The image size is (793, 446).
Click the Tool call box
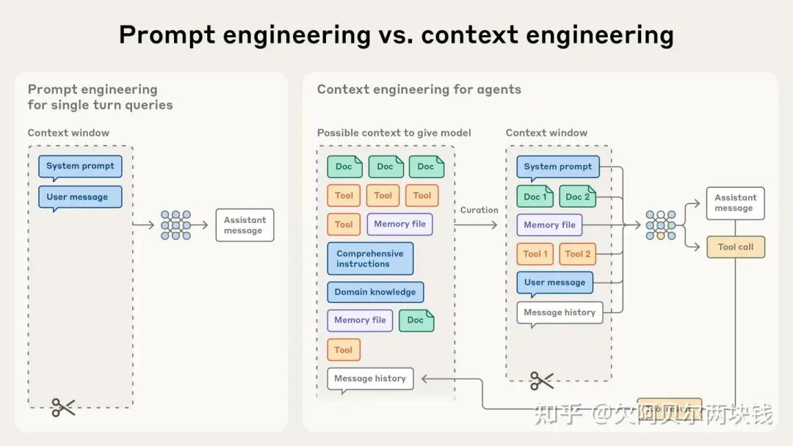[735, 247]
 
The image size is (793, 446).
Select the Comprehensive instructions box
[370, 259]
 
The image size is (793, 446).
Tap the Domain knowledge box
[375, 292]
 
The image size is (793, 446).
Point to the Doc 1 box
[535, 197]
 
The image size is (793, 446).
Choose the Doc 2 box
[577, 197]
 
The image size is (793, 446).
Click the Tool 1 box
[535, 254]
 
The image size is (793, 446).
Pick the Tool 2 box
[577, 254]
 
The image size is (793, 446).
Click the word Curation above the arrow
[479, 210]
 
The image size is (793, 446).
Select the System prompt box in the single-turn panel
[80, 167]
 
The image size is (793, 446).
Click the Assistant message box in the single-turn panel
[244, 225]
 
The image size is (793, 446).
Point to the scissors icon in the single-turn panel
[63, 407]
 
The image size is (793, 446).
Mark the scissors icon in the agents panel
[542, 380]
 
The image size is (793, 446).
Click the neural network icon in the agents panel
[660, 225]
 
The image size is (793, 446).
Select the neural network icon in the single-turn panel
[175, 225]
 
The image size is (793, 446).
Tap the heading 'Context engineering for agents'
[419, 89]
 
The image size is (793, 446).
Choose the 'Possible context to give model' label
[394, 133]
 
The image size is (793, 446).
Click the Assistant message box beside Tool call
[735, 202]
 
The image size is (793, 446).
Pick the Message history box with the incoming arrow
[370, 379]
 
